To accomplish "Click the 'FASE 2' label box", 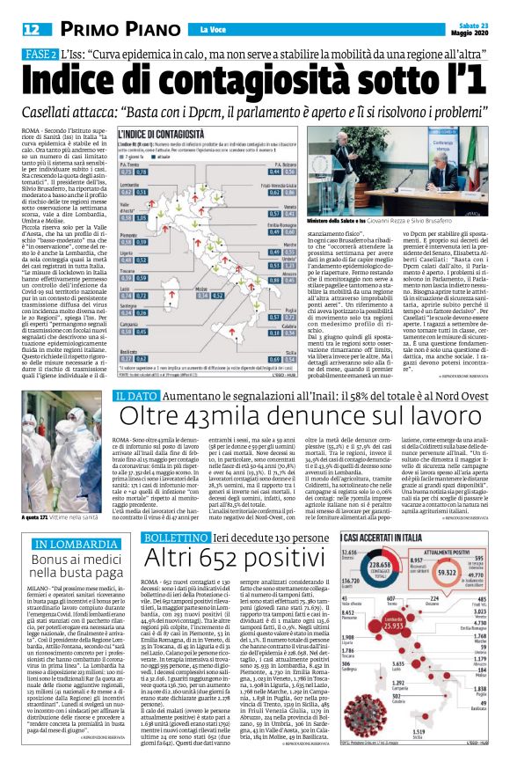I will pos(40,55).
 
